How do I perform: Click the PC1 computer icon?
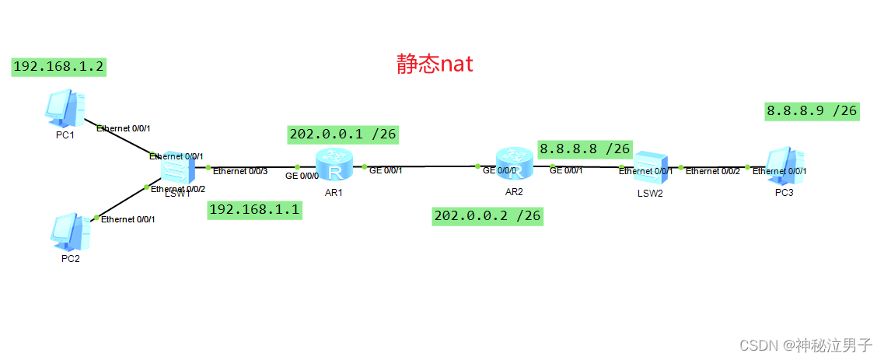click(66, 108)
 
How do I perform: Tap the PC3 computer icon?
click(784, 165)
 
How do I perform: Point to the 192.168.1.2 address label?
click(59, 67)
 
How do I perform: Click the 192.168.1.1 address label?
click(255, 210)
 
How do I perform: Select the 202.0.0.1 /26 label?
click(343, 135)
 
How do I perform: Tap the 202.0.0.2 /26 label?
click(487, 215)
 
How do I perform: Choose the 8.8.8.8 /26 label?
click(585, 148)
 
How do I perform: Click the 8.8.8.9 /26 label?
click(812, 111)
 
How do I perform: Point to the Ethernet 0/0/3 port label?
click(240, 171)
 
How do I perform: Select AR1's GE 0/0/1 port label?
click(386, 170)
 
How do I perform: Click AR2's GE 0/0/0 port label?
click(500, 170)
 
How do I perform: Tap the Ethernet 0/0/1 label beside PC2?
click(128, 219)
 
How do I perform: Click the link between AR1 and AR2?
click(420, 166)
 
